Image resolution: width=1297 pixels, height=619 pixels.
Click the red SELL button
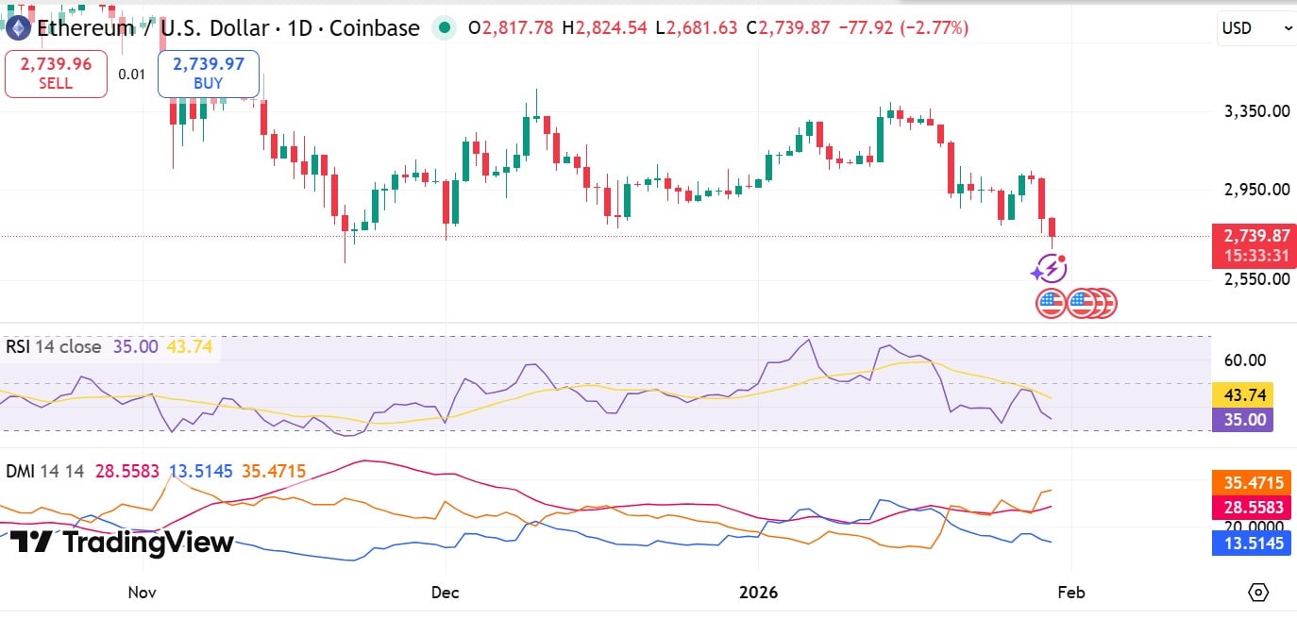click(x=56, y=74)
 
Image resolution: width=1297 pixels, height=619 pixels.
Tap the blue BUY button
click(x=208, y=74)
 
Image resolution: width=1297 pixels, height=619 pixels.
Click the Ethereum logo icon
click(x=18, y=28)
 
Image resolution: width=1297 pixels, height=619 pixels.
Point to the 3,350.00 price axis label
click(x=1255, y=111)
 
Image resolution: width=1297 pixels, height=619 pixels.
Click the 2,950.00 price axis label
click(x=1255, y=189)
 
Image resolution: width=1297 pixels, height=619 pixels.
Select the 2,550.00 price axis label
click(x=1255, y=279)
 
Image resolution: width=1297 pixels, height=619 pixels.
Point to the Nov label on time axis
click(x=142, y=593)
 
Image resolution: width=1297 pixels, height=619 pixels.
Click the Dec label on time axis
click(x=445, y=593)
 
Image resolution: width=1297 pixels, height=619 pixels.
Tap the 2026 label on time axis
click(x=758, y=593)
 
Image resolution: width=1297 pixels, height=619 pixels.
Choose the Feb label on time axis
click(x=1071, y=593)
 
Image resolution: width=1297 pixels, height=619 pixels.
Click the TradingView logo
click(x=123, y=543)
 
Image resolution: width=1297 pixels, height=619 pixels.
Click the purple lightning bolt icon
click(x=1050, y=270)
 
